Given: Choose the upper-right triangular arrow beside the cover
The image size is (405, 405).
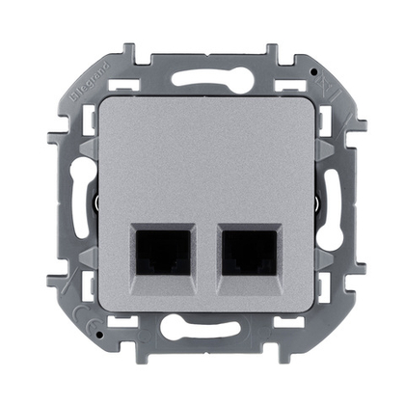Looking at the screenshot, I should click(x=316, y=142).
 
